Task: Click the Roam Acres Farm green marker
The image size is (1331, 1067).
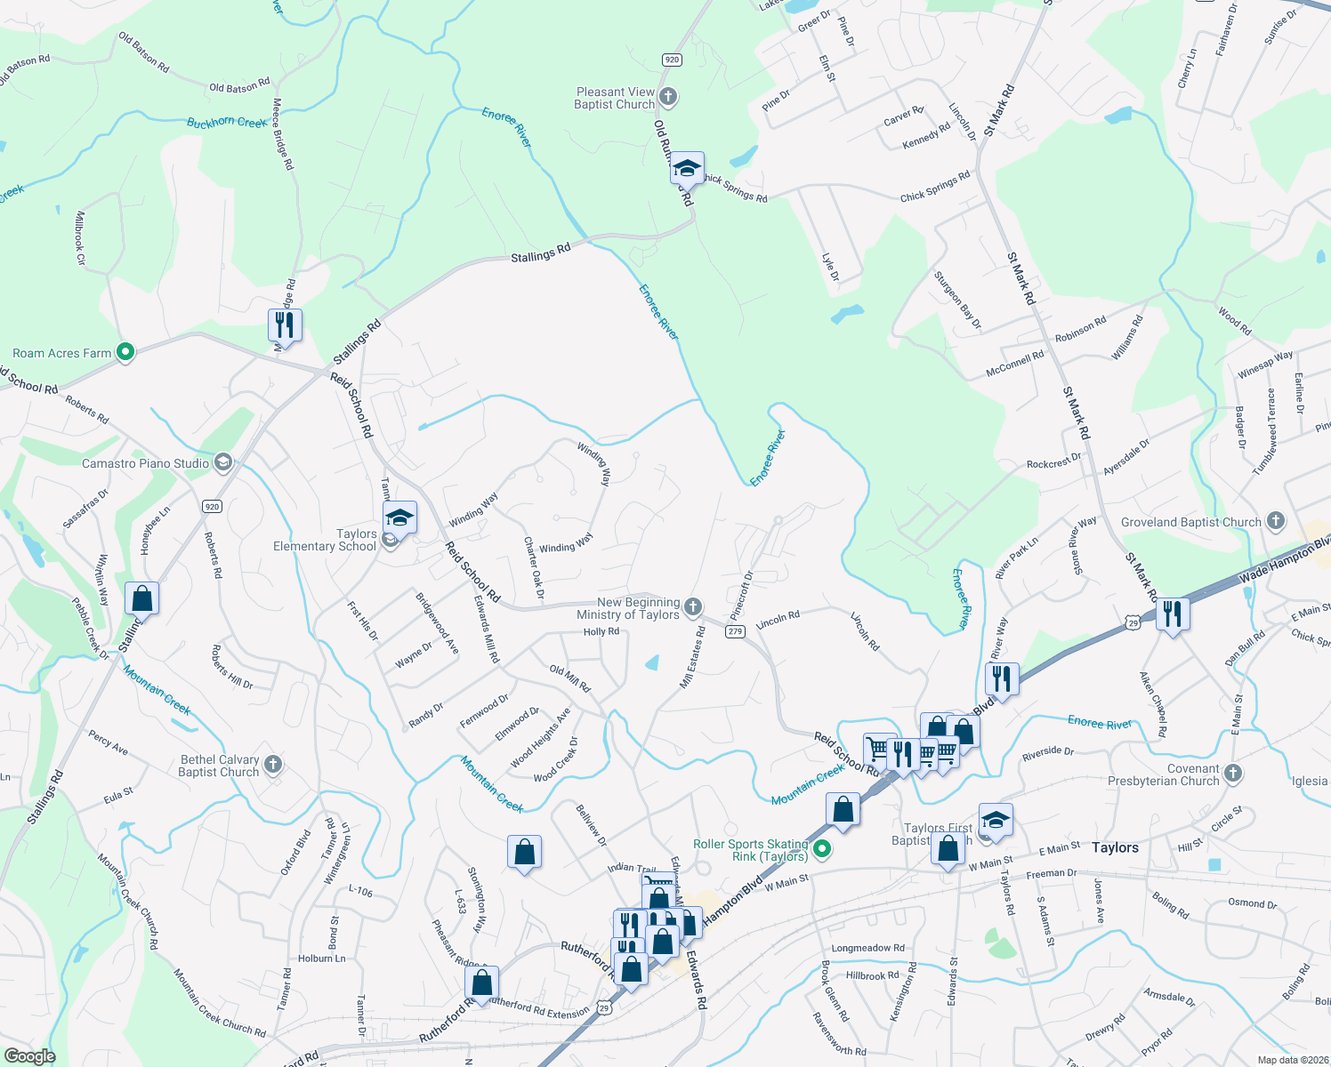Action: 125,352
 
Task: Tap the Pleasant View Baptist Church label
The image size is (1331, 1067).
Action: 615,98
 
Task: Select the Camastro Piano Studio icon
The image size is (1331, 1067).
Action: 223,462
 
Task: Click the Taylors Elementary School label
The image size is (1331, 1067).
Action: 325,540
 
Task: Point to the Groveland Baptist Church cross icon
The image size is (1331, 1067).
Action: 1275,521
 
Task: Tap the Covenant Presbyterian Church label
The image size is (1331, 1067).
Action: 1164,774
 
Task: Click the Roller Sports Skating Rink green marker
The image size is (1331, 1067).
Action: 822,849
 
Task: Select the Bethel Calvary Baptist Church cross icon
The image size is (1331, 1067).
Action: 273,764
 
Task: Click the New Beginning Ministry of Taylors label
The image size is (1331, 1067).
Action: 628,608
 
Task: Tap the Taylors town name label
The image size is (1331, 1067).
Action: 1115,847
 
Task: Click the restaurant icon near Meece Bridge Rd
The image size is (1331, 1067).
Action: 285,325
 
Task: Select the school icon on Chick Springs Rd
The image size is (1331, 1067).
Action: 687,167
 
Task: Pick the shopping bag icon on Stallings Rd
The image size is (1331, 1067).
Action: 142,599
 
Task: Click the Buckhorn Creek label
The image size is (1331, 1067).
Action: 226,122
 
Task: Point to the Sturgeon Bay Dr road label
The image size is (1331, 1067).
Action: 957,301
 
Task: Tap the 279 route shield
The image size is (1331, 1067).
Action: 735,631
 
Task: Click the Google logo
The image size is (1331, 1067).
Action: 29,1055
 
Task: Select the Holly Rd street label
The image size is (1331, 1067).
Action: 601,631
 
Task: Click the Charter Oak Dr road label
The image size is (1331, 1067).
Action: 533,567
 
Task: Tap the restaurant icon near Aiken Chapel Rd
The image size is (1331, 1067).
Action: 1173,614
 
